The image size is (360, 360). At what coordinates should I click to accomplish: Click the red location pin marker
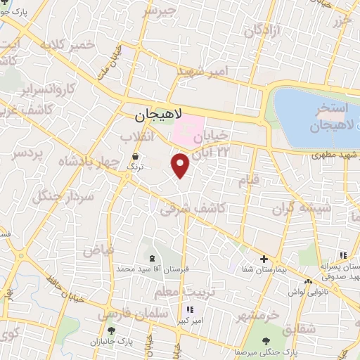point(181,165)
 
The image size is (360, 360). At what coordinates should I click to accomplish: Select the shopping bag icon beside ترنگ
point(135,157)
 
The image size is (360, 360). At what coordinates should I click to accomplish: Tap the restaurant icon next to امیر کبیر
point(189,309)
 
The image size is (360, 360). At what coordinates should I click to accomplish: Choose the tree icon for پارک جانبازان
point(110,330)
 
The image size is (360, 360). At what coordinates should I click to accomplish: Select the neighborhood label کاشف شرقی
point(193,207)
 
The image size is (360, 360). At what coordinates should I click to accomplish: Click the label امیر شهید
point(203,71)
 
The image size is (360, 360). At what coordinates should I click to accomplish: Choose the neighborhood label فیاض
point(98,249)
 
